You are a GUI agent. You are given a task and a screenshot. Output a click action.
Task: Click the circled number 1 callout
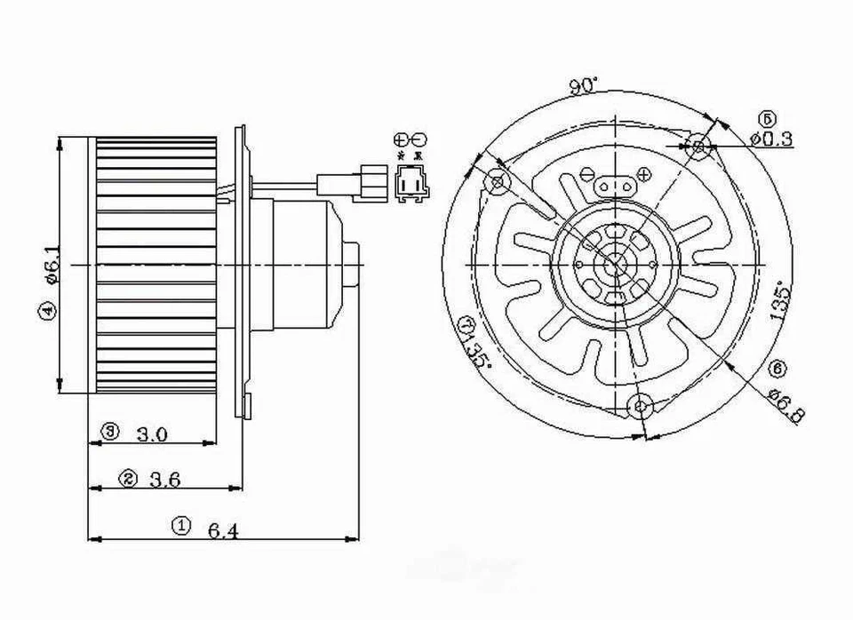coord(180,525)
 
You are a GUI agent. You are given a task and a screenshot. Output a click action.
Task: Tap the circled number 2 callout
coord(129,479)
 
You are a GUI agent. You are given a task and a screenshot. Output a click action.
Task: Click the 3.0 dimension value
coord(152,434)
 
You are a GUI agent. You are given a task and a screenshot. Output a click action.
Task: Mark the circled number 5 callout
coord(767,119)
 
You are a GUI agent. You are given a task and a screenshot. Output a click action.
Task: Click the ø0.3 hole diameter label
coord(771,139)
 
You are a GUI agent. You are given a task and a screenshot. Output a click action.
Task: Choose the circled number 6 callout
coord(778,367)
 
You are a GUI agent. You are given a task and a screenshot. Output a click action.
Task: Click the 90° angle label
coord(584,85)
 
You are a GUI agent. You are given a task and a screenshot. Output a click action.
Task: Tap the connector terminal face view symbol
coord(410,185)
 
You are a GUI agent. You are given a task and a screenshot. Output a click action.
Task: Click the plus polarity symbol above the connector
coord(401,139)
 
